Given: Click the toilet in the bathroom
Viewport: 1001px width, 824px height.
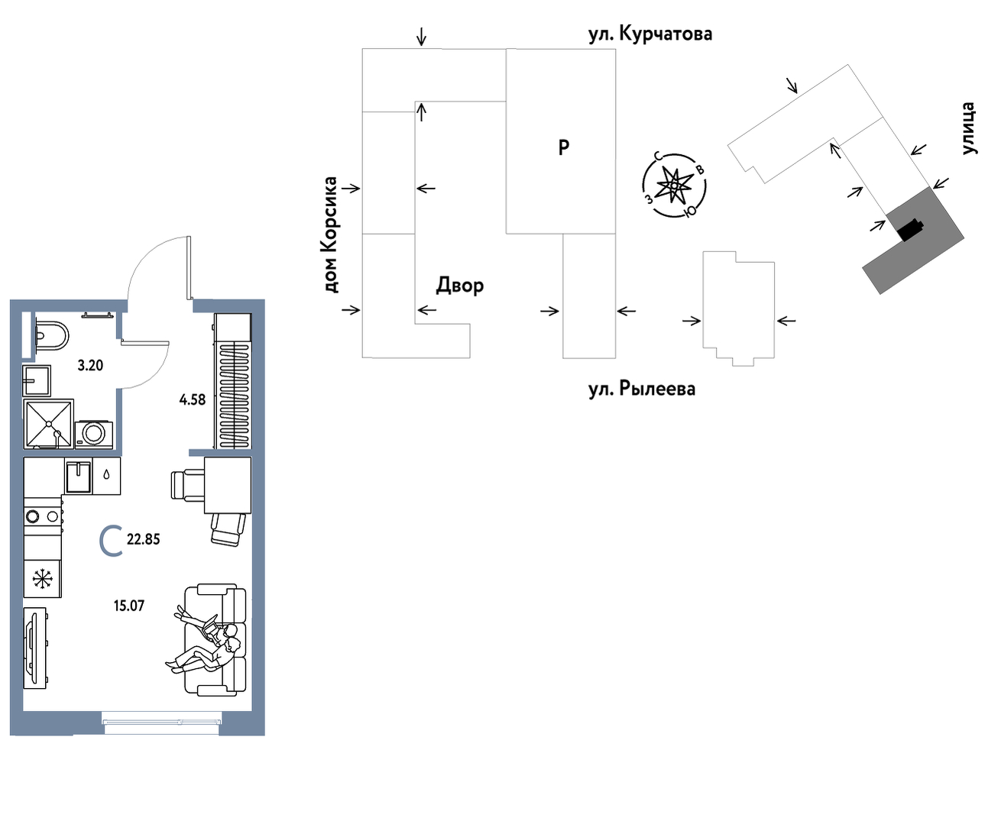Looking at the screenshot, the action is (52, 335).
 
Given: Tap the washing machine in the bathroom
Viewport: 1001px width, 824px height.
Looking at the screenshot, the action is (93, 435).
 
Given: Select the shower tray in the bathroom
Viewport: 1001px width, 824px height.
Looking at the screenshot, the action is (48, 424).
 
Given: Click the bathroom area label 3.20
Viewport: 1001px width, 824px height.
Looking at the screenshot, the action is (90, 366).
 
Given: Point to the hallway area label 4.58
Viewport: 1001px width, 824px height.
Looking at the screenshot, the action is (193, 399).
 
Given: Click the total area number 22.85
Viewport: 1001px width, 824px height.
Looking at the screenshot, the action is (144, 539).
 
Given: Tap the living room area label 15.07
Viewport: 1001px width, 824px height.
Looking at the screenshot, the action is (129, 606).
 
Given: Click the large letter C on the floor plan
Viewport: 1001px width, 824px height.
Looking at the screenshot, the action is (111, 541).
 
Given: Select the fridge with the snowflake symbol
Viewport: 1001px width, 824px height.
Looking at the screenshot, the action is (42, 579).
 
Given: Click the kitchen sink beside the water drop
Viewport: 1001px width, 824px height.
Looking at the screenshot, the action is (78, 477).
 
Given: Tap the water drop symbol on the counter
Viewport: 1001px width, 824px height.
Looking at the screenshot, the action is (106, 475).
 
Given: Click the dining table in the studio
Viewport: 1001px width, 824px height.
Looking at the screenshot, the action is (228, 485).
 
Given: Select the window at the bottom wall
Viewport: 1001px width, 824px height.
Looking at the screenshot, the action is (162, 722).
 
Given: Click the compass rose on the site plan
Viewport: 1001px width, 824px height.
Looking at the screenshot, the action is (674, 185).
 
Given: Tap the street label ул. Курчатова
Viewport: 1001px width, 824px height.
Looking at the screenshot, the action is (650, 34).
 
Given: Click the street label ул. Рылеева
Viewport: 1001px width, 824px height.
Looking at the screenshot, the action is (641, 389).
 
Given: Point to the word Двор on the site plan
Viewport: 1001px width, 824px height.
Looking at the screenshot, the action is (460, 286).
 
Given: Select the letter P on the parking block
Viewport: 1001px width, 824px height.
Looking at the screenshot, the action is (564, 147).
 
